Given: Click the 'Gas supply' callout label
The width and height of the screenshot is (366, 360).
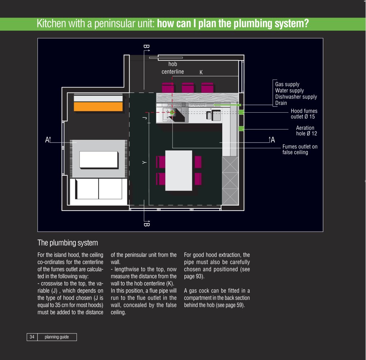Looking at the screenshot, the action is click(x=287, y=84).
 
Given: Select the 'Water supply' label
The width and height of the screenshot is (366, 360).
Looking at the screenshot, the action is click(x=289, y=91).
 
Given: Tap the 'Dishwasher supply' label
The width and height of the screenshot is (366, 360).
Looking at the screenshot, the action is click(x=296, y=97).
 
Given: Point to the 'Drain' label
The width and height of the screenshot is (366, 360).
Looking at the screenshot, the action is click(x=281, y=103).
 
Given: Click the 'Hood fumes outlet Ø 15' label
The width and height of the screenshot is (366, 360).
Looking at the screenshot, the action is click(x=304, y=114).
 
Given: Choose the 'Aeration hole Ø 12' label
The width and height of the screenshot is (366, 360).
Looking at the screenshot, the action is click(x=306, y=131).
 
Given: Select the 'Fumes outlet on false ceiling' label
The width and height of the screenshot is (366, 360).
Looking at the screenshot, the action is click(x=300, y=149).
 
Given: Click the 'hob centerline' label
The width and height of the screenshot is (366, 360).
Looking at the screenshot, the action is click(x=173, y=68).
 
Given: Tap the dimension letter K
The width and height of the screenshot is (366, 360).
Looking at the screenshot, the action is click(x=201, y=72).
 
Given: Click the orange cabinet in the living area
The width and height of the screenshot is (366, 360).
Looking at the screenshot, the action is click(x=98, y=107).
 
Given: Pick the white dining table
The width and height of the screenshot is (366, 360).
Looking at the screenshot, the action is click(x=179, y=170).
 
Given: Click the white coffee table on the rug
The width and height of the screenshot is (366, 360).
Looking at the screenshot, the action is click(x=99, y=160).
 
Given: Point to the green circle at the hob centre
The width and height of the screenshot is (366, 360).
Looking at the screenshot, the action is click(x=172, y=112).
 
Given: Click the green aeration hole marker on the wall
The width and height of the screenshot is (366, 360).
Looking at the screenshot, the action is click(x=241, y=129).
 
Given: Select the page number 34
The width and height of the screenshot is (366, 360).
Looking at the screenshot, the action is click(x=32, y=337).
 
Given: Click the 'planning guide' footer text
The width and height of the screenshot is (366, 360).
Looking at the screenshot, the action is click(x=57, y=337).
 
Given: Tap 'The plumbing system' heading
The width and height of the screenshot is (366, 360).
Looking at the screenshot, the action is click(x=68, y=243).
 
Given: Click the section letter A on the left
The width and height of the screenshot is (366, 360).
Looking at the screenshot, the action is click(x=47, y=140).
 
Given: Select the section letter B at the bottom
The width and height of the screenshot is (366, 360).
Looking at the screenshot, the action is click(x=146, y=224).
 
